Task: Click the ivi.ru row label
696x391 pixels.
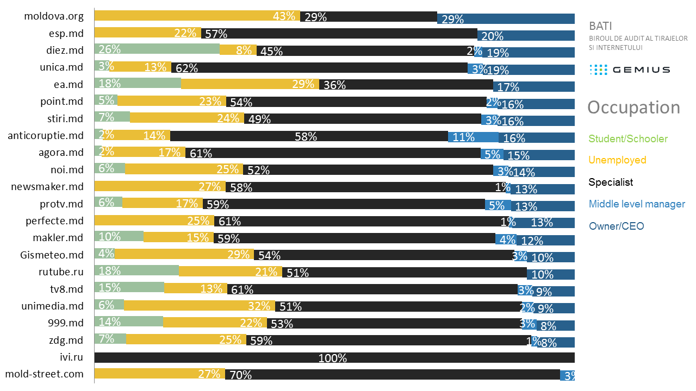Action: click(72, 357)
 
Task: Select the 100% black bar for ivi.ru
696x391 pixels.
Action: click(334, 357)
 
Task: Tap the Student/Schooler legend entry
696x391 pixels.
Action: click(628, 139)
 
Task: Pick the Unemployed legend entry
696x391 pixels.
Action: click(617, 160)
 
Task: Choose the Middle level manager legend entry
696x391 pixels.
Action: click(637, 204)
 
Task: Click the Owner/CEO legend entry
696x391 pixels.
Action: click(616, 226)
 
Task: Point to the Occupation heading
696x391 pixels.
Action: click(633, 108)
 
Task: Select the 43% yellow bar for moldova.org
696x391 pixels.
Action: click(197, 16)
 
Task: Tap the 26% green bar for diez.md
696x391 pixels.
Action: click(157, 49)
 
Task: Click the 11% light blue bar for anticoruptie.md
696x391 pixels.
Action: click(473, 137)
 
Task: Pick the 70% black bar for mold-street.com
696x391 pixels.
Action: click(393, 374)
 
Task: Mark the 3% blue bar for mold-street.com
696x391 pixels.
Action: click(568, 374)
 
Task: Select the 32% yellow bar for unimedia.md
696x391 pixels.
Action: click(199, 306)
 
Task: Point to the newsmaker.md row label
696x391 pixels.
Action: click(47, 187)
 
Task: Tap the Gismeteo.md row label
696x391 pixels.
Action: click(52, 255)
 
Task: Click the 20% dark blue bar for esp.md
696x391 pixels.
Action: click(526, 35)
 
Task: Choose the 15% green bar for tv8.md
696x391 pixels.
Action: click(129, 288)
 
